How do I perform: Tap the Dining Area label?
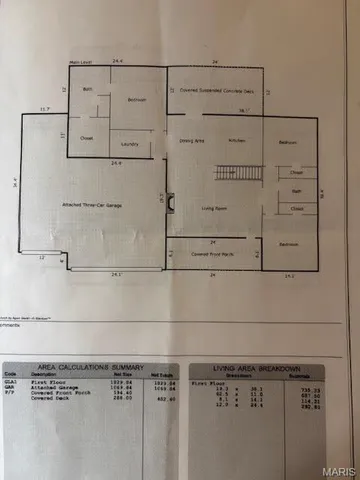[191, 142]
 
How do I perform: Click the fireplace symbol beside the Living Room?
[170, 204]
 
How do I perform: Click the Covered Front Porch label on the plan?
[214, 255]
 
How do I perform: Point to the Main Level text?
[81, 61]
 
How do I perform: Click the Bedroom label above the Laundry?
[137, 100]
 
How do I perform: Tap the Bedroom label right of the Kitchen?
[287, 142]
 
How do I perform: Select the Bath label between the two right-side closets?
[296, 190]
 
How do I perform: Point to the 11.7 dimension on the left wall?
[45, 108]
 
